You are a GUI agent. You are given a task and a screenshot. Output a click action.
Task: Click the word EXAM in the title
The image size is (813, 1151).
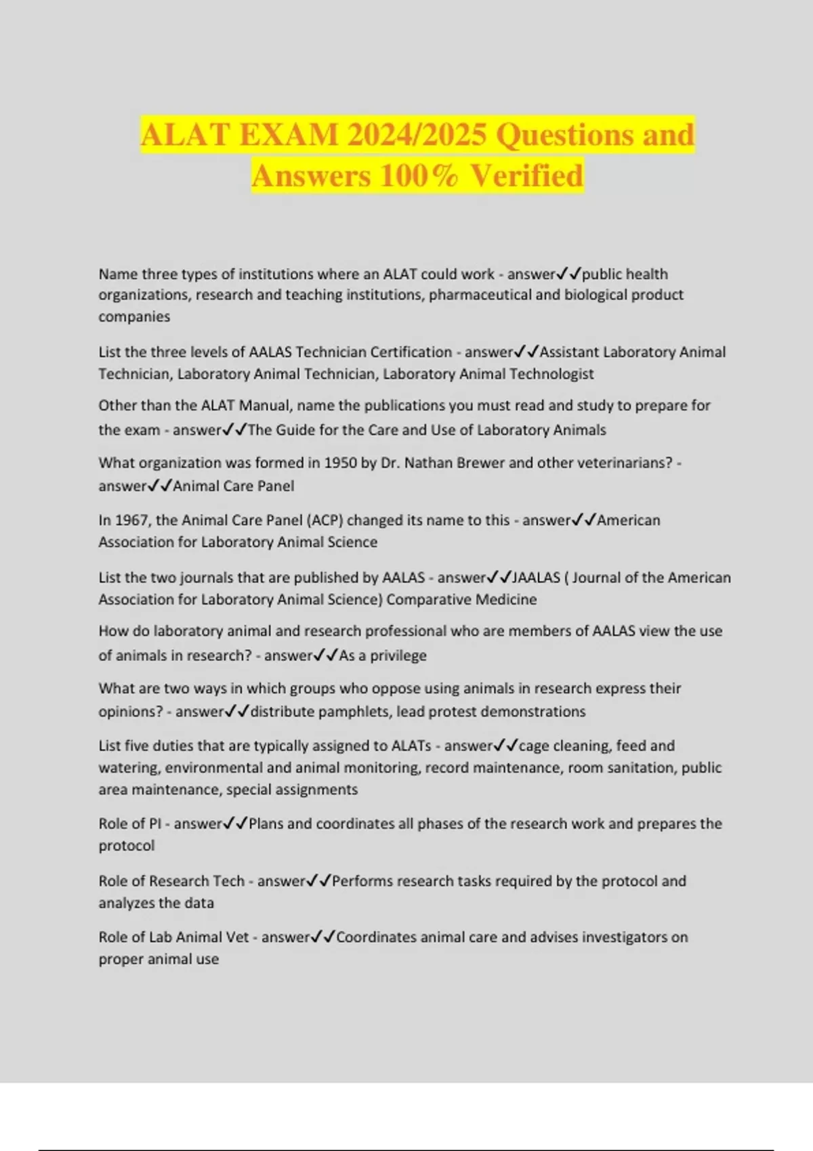click(288, 135)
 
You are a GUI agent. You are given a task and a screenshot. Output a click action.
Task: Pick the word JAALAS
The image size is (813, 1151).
click(537, 578)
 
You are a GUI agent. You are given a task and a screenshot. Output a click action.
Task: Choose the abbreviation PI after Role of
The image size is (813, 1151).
click(155, 824)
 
